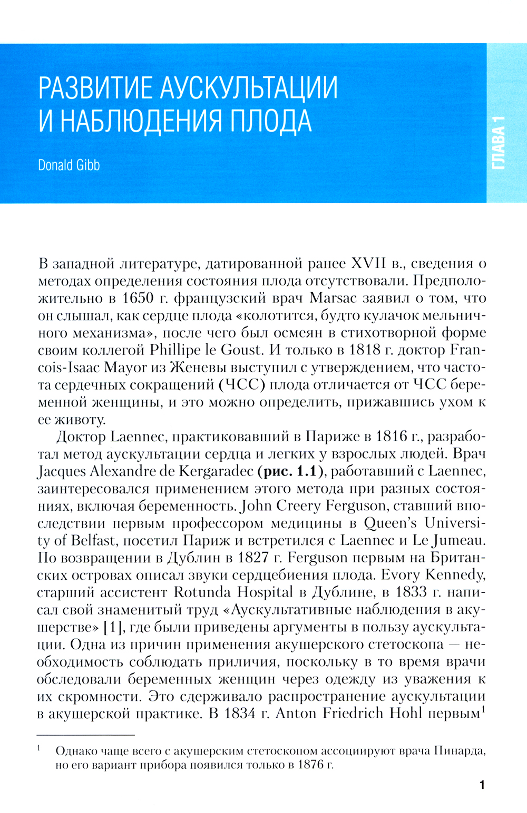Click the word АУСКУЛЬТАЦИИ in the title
248,87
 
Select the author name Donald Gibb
69,165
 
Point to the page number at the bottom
482,785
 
